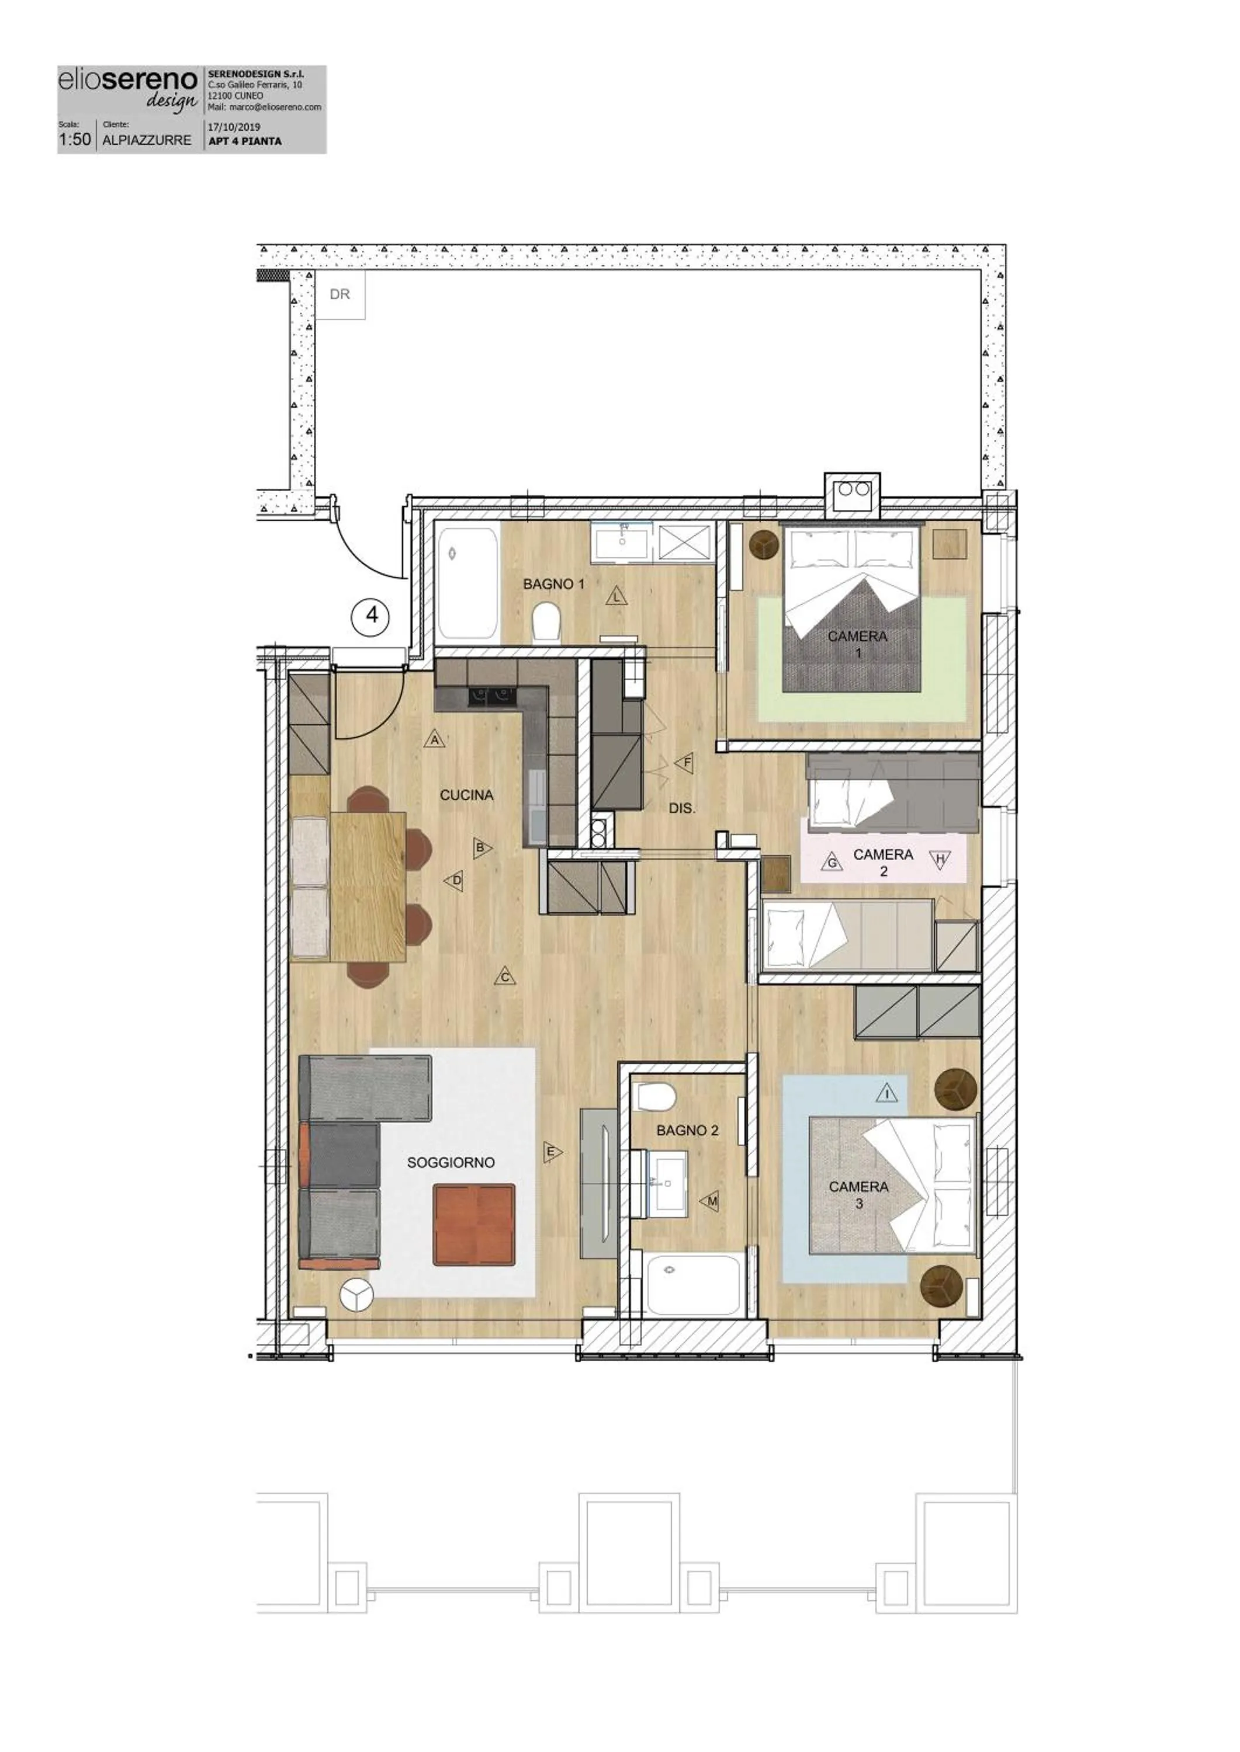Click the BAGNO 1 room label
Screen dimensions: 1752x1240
(x=553, y=584)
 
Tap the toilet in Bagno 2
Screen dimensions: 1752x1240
(x=656, y=1097)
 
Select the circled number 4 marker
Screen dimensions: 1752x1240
(x=372, y=614)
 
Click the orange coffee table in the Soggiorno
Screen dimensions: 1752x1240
(x=473, y=1225)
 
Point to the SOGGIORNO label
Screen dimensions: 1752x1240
(x=451, y=1162)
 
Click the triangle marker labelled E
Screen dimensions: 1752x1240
(x=551, y=1152)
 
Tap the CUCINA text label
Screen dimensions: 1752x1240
(x=466, y=795)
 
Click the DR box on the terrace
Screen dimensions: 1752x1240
(x=340, y=294)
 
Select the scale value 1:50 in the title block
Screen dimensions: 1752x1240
(x=75, y=140)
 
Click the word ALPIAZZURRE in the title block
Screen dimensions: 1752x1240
(x=147, y=140)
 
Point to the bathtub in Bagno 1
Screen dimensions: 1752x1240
(x=468, y=584)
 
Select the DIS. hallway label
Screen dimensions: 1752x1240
(x=682, y=808)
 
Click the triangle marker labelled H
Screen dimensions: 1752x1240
(x=941, y=860)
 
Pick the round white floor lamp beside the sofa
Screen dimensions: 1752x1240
(x=356, y=1294)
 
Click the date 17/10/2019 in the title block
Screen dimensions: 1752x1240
(x=234, y=127)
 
